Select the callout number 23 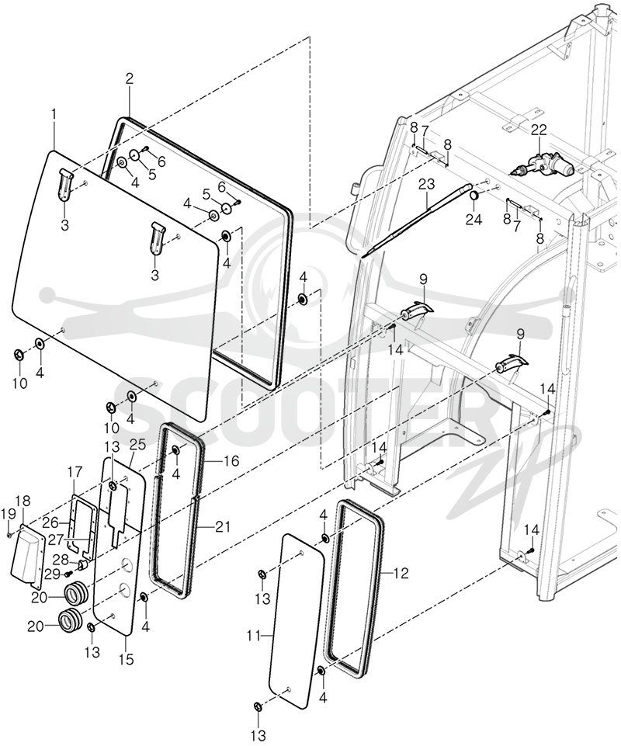click(x=427, y=184)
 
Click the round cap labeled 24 click(x=474, y=196)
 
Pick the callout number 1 click(x=54, y=114)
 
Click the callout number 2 click(x=130, y=79)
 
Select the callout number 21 click(x=223, y=526)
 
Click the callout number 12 click(x=401, y=574)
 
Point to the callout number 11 click(x=254, y=635)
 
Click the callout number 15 click(x=127, y=660)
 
